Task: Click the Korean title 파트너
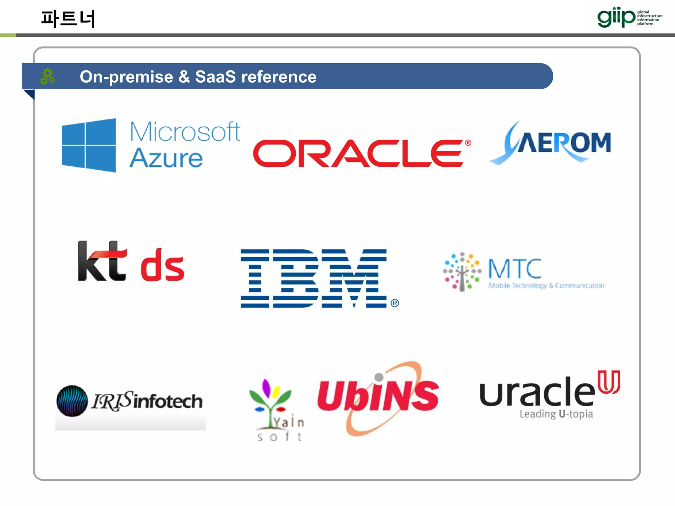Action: pos(68,18)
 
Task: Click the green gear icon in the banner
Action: pos(47,76)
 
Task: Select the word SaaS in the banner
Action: pos(215,77)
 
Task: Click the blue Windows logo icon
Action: pos(89,145)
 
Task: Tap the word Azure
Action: pos(166,158)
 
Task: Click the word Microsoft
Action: pos(185,132)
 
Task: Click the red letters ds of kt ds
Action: pos(162,266)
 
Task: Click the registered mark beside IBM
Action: pos(395,303)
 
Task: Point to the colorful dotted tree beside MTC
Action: pos(462,272)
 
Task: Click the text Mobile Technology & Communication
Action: pos(546,286)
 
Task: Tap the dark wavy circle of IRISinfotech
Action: pos(72,401)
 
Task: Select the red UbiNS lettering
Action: pos(378,395)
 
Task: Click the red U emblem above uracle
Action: pos(609,382)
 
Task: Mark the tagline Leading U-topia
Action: pos(556,414)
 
